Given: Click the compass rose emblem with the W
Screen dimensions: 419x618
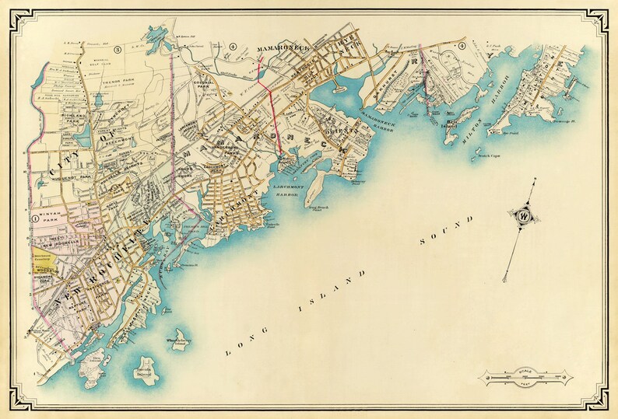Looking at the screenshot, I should click(522, 215).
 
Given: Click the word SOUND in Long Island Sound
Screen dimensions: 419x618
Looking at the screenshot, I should click(441, 236).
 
